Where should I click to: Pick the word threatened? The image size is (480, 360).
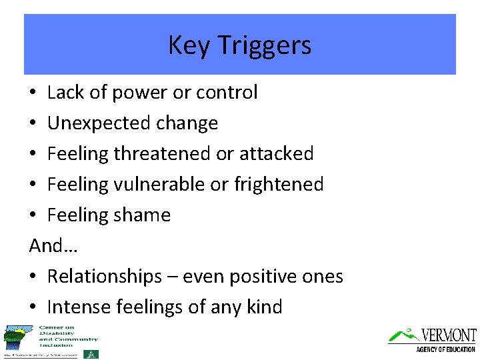click(x=163, y=154)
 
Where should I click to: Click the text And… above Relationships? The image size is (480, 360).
click(x=53, y=246)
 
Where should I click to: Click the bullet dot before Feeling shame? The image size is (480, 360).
click(x=33, y=215)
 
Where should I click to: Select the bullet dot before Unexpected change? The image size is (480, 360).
click(x=33, y=123)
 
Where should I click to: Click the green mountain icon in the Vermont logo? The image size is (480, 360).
click(x=403, y=335)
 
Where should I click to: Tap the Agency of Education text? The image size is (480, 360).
click(x=445, y=349)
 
